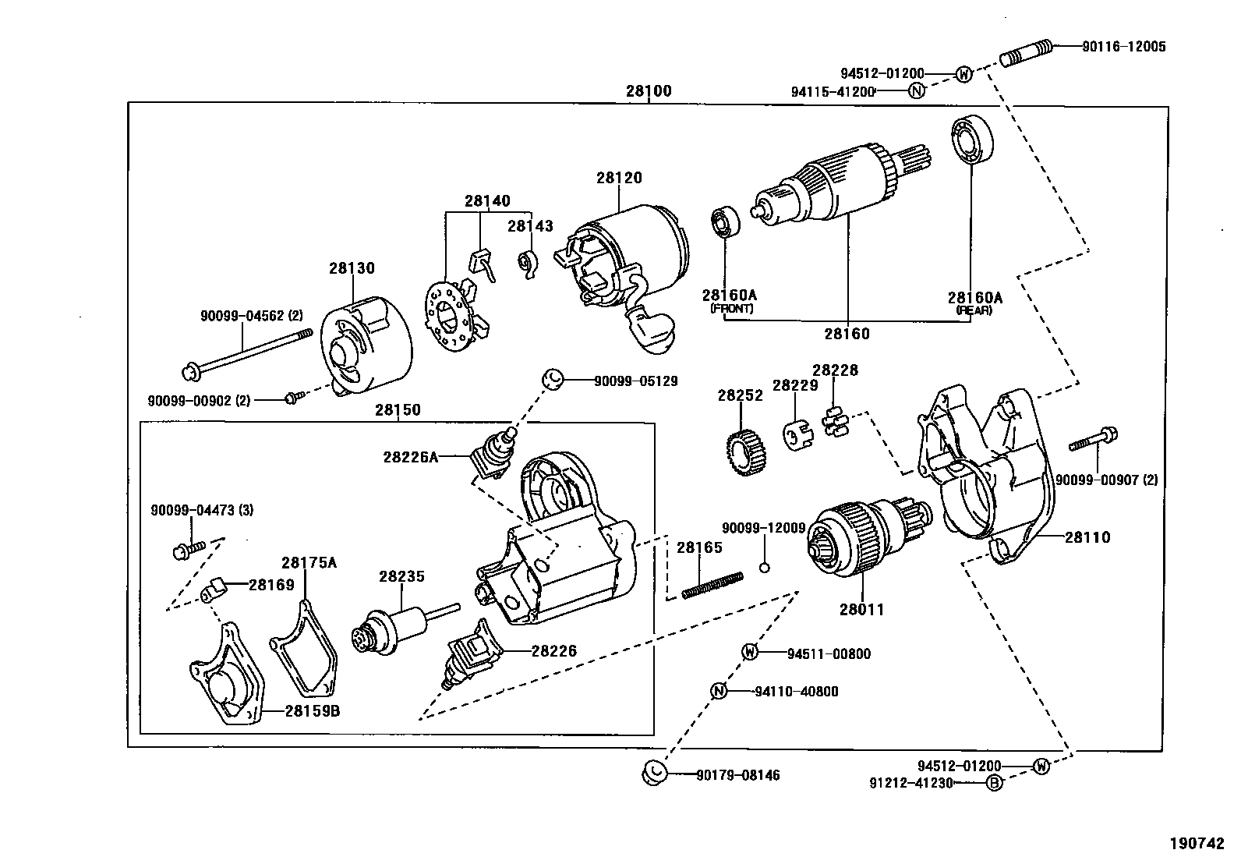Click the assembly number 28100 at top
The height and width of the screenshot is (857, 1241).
648,91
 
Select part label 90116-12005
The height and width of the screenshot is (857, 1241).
1123,47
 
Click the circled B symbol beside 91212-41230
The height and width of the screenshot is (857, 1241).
994,784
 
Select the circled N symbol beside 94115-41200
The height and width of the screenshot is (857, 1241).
917,91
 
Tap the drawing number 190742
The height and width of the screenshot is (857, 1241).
1197,843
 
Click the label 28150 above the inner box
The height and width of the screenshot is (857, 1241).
398,410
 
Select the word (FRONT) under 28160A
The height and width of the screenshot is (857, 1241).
730,309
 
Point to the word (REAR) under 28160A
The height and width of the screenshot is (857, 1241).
974,310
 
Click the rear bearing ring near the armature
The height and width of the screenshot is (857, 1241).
971,141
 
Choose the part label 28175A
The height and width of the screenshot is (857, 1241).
309,563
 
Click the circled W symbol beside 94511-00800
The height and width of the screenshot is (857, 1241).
749,652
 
